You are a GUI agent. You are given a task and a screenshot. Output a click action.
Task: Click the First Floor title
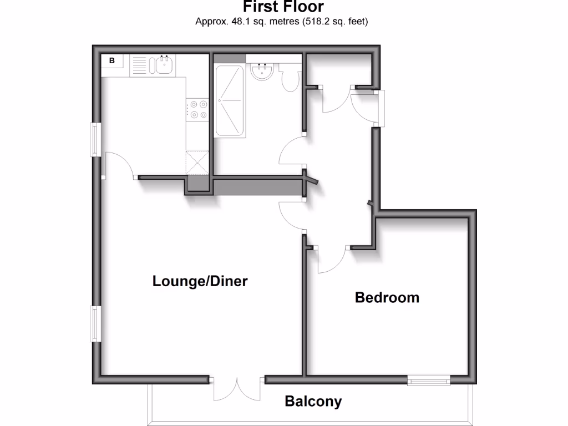(x=283, y=7)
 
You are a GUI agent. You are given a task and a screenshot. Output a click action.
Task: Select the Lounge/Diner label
(x=200, y=281)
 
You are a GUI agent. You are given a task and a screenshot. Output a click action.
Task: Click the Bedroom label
(x=387, y=297)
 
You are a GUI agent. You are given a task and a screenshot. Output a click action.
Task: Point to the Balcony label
(x=313, y=401)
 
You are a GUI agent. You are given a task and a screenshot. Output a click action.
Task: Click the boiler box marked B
(x=112, y=61)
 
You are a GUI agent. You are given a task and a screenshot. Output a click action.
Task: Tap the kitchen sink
(x=165, y=65)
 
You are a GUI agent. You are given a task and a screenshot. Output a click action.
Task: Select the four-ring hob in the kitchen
(x=198, y=109)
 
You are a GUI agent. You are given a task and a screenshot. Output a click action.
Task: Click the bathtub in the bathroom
(x=229, y=100)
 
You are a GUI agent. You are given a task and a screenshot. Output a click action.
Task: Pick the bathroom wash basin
(x=261, y=72)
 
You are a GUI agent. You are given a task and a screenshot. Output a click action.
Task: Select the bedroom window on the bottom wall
(x=429, y=380)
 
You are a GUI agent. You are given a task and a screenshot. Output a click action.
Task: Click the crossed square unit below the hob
(x=197, y=162)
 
